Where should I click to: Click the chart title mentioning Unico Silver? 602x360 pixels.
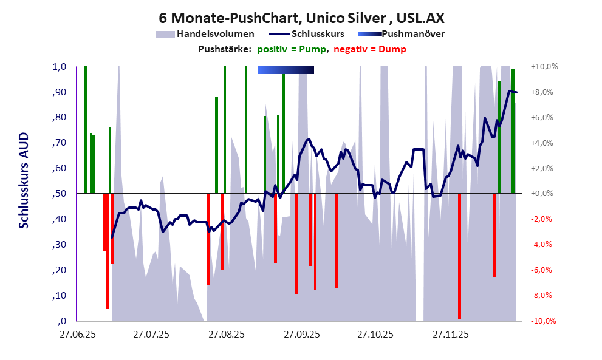click(300, 17)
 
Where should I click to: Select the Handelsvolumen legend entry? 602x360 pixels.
click(206, 34)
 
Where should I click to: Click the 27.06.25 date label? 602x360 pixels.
click(77, 334)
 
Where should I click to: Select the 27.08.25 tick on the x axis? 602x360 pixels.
click(226, 334)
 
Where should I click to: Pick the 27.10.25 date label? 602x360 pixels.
click(375, 334)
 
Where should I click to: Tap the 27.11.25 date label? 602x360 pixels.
click(450, 334)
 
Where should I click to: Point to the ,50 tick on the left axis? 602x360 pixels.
click(58, 194)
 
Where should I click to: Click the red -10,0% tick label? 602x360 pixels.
click(544, 321)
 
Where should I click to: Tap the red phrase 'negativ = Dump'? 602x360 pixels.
click(370, 49)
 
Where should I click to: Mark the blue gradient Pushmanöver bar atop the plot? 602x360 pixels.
click(286, 70)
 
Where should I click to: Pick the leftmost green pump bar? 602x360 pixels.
click(86, 129)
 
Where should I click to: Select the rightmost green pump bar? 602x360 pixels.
click(513, 131)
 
